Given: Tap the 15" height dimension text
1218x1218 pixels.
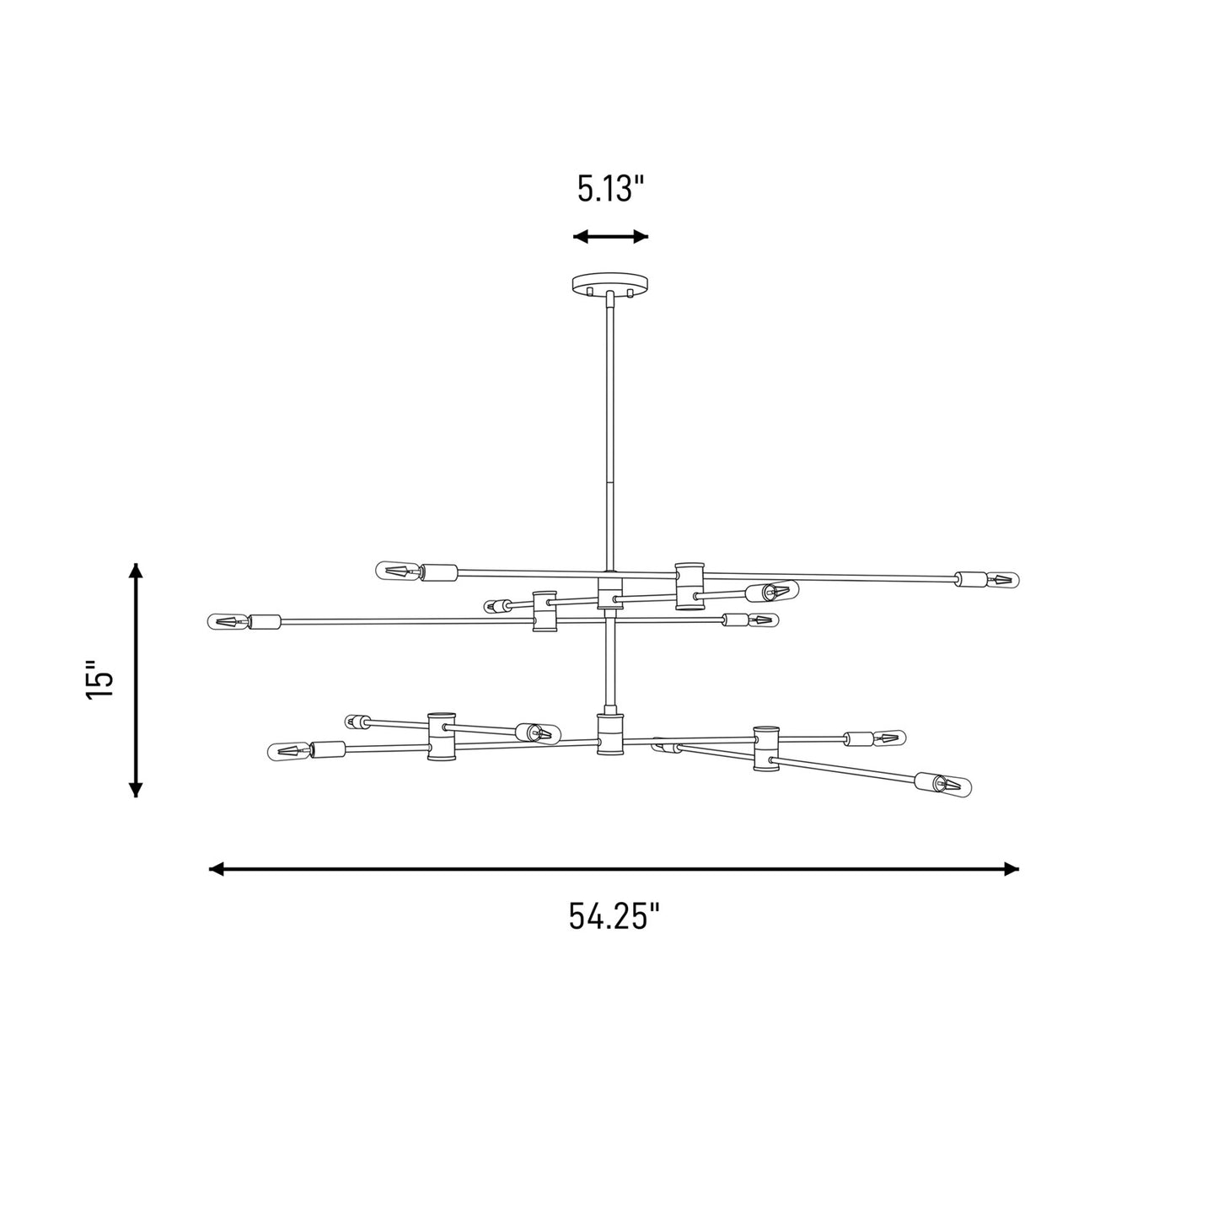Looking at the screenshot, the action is (x=99, y=680).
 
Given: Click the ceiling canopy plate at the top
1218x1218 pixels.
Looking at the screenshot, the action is (x=608, y=283).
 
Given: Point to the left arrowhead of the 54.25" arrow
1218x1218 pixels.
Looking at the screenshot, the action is (x=216, y=869).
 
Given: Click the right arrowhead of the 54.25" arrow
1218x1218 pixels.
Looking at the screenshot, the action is (x=1011, y=869).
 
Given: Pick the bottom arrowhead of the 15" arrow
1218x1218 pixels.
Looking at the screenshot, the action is (x=136, y=789).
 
